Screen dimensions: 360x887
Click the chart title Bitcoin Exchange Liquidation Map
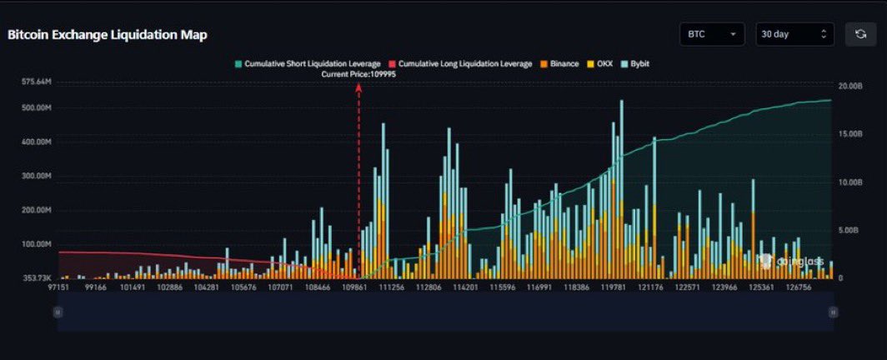coord(108,35)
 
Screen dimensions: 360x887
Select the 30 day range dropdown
coord(794,34)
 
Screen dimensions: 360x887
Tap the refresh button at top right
coord(860,34)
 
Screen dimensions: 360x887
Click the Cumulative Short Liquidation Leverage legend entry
coord(308,63)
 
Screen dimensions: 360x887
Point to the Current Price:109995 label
coord(359,74)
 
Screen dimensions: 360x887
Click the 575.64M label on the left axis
coord(37,82)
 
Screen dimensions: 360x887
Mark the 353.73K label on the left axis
coord(37,277)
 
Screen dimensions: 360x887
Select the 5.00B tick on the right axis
coord(851,230)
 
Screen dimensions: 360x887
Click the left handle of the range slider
coord(58,312)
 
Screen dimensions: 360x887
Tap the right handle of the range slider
coord(833,312)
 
